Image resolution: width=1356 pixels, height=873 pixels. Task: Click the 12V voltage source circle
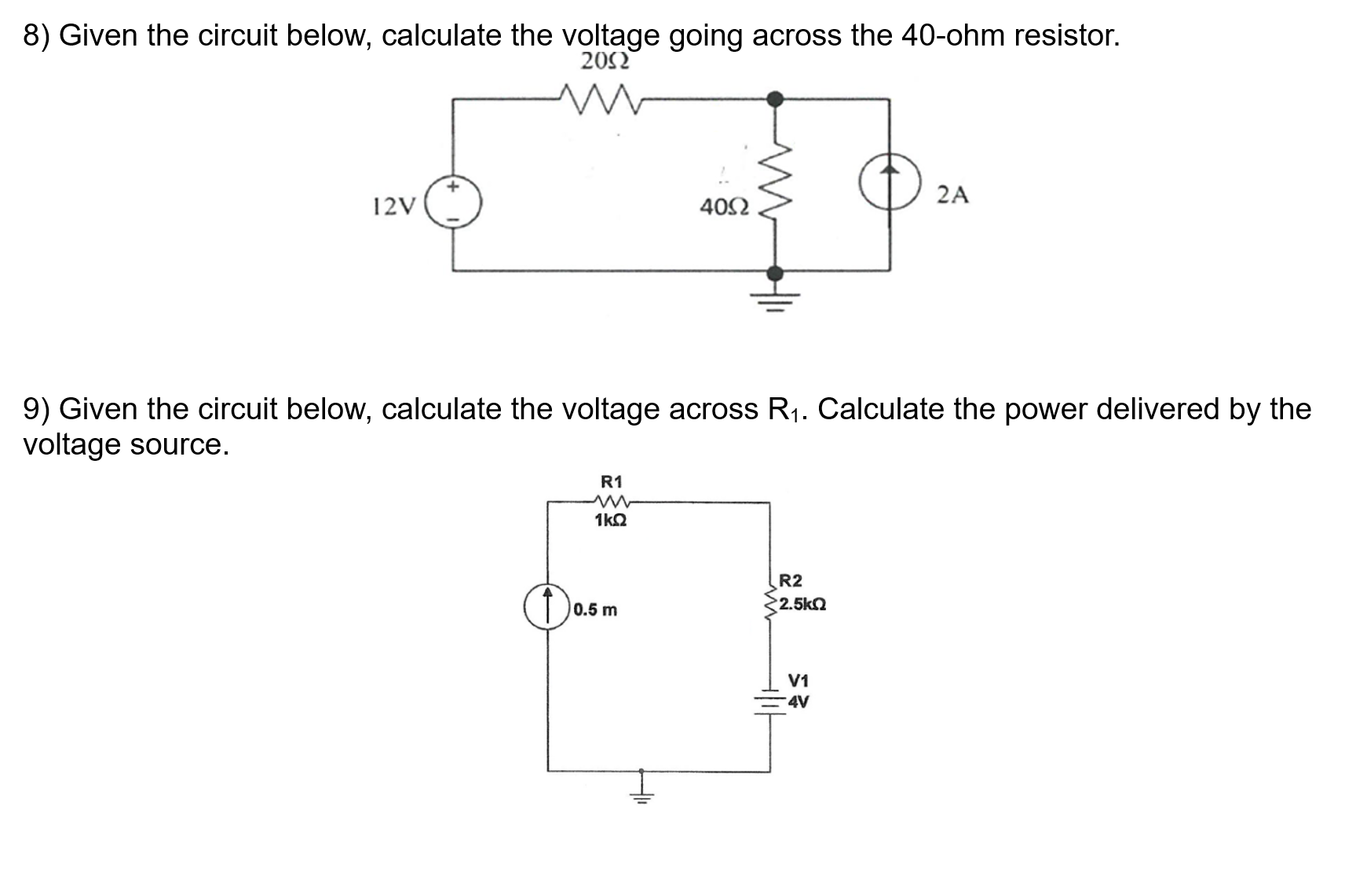pyautogui.click(x=453, y=206)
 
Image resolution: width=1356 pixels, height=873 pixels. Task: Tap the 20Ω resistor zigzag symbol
pyautogui.click(x=601, y=100)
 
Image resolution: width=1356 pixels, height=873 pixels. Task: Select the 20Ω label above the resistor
pyautogui.click(x=604, y=61)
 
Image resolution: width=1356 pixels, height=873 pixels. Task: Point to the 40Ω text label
pyautogui.click(x=724, y=207)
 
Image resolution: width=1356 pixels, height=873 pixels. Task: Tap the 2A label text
pyautogui.click(x=952, y=195)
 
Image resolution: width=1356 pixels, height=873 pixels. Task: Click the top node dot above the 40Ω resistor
pyautogui.click(x=775, y=99)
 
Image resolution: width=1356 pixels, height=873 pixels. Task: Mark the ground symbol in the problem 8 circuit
pyautogui.click(x=775, y=300)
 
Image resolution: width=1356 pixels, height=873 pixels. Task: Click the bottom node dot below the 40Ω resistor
pyautogui.click(x=775, y=272)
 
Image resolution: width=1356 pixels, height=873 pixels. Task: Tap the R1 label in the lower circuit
pyautogui.click(x=611, y=481)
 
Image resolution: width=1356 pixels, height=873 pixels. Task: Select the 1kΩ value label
pyautogui.click(x=611, y=521)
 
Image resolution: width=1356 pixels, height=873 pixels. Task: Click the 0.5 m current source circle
pyautogui.click(x=547, y=608)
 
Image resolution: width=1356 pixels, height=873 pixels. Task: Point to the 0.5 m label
pyautogui.click(x=595, y=610)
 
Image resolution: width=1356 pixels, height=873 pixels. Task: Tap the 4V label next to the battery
pyautogui.click(x=799, y=702)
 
